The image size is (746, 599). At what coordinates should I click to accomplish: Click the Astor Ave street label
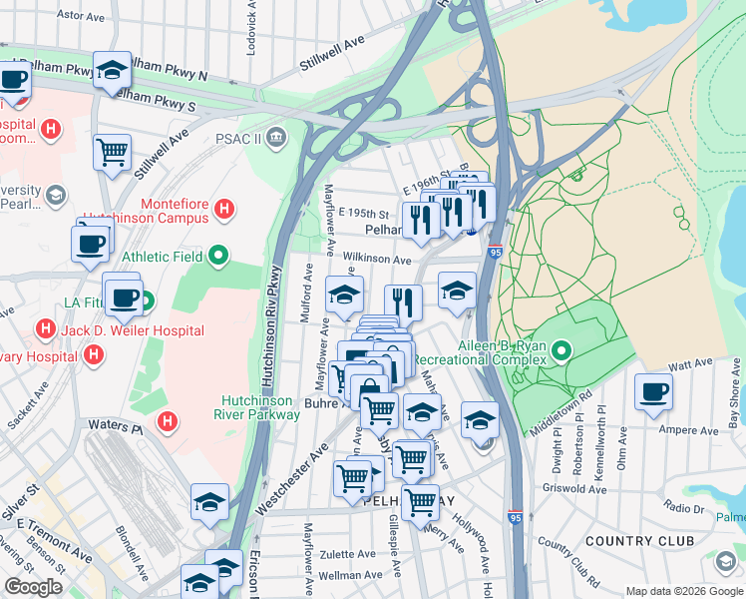click(x=82, y=16)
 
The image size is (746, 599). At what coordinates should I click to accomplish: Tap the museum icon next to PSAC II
click(x=276, y=135)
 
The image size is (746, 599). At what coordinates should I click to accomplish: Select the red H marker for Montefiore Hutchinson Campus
click(x=226, y=210)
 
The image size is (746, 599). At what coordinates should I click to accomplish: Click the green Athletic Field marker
click(x=218, y=257)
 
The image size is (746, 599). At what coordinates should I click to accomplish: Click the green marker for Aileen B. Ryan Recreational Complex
click(x=561, y=350)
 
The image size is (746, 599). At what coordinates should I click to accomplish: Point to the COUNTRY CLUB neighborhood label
click(x=639, y=541)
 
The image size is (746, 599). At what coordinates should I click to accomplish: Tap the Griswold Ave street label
click(x=574, y=489)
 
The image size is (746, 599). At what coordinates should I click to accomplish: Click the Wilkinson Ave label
click(x=378, y=260)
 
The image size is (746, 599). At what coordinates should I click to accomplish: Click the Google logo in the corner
click(x=34, y=587)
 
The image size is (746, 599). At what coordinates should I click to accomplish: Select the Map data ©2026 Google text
click(x=684, y=591)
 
